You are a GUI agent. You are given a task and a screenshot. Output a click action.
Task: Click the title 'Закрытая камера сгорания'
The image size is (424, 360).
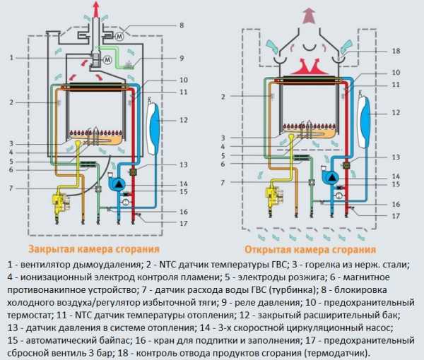(x=93, y=249)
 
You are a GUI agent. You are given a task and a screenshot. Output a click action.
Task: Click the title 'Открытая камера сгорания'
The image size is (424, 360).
(x=310, y=250)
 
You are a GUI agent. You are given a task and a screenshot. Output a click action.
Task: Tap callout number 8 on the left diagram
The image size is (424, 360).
(x=182, y=25)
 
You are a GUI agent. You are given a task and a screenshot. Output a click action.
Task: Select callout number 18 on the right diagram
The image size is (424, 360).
(x=396, y=51)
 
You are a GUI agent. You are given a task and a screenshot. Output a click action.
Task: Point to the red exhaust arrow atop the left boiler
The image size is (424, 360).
(x=96, y=8)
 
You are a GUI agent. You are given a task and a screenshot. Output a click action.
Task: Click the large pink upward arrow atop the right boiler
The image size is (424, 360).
(x=310, y=16)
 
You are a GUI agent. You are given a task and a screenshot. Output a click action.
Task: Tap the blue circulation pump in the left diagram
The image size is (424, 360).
(x=117, y=183)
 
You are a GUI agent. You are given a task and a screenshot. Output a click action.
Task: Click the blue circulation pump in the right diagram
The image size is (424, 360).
(x=331, y=176)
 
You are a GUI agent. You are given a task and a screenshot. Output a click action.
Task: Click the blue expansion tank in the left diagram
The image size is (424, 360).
(x=154, y=127)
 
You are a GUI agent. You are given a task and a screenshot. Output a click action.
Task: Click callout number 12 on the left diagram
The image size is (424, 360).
(x=183, y=120)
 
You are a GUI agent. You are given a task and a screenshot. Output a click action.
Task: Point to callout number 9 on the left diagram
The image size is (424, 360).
(x=182, y=58)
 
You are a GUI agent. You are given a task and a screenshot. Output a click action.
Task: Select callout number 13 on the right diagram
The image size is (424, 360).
(x=396, y=157)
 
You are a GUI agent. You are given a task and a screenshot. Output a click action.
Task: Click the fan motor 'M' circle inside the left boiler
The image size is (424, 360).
(x=107, y=60)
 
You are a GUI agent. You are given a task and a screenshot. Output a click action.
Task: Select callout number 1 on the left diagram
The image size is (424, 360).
(x=11, y=58)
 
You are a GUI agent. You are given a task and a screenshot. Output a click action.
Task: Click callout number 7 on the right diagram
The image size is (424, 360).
(x=223, y=183)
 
